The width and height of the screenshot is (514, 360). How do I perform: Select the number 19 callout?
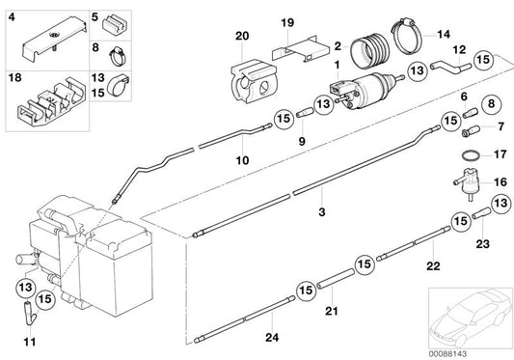click(x=287, y=21)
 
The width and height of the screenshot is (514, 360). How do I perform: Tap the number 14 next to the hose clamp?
click(x=444, y=35)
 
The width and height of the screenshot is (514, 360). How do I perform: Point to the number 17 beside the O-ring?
click(x=500, y=152)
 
